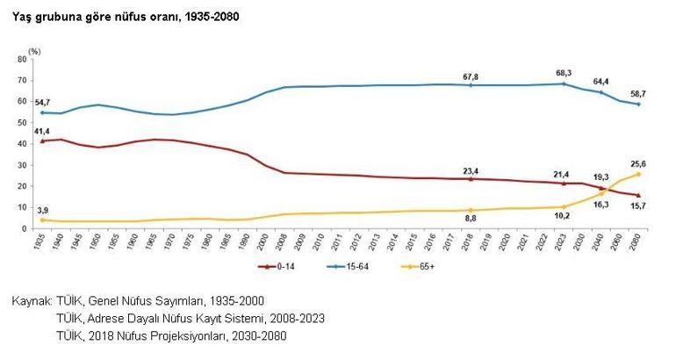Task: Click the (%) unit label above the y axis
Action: (x=34, y=50)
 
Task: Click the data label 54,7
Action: (x=43, y=103)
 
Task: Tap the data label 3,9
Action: (x=43, y=210)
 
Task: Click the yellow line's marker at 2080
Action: (x=638, y=174)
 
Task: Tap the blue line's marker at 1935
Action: (x=42, y=112)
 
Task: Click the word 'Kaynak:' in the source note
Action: (x=32, y=301)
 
